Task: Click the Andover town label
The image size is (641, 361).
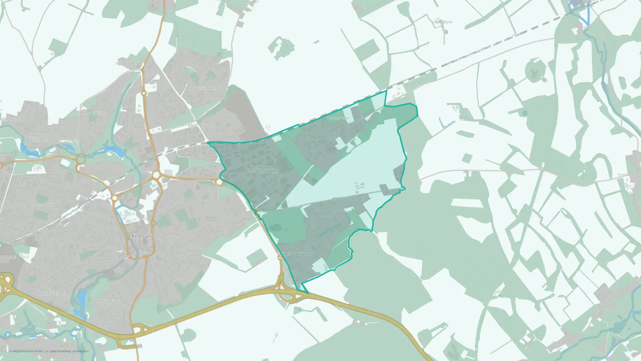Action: click(x=141, y=236)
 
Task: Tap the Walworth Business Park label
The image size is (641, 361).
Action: click(x=262, y=169)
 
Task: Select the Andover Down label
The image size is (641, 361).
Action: click(x=349, y=199)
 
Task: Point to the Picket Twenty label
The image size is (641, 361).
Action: click(x=293, y=254)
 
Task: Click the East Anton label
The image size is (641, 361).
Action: click(x=201, y=125)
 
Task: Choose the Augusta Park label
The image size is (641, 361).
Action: click(x=205, y=88)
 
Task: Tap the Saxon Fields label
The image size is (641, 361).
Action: click(x=92, y=113)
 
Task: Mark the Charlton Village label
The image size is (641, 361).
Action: click(x=39, y=138)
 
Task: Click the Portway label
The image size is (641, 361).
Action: click(x=45, y=205)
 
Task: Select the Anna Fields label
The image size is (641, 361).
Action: click(x=51, y=294)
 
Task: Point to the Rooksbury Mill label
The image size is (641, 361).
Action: click(x=108, y=303)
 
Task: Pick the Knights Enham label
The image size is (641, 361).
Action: click(x=128, y=63)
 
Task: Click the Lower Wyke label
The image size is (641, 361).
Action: click(x=442, y=22)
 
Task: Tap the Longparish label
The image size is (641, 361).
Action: click(x=599, y=309)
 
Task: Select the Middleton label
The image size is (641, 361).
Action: click(x=561, y=342)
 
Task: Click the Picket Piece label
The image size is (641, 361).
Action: click(x=338, y=118)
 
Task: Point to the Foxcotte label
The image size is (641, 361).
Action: click(x=10, y=119)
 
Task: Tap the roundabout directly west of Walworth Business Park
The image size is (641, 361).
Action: click(x=219, y=182)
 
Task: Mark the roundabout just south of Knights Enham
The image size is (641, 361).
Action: click(x=144, y=93)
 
